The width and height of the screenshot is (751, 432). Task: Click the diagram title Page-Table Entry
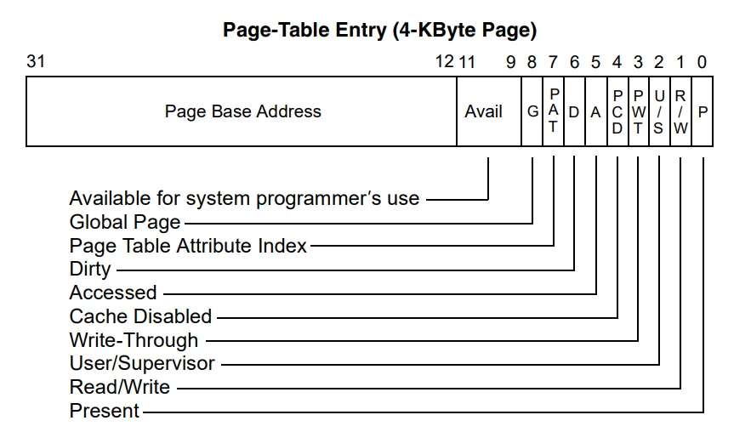coord(379,30)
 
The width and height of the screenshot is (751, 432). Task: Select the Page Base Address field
coord(242,111)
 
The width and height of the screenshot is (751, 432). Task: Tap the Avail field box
coord(489,111)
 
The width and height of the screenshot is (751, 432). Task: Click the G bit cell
coord(532,111)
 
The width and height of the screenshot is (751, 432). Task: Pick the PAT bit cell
coord(554,111)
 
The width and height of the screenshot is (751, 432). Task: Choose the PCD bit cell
coord(617,111)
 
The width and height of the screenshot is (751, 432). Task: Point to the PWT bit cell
coord(639,111)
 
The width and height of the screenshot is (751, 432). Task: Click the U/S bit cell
coord(659,111)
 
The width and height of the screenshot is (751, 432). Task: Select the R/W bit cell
coord(680,111)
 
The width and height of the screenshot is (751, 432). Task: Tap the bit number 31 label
coord(36,61)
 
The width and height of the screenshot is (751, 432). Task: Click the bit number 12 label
coord(445,61)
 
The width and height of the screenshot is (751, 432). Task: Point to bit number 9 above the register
coord(511,62)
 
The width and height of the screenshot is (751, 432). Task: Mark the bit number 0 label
coord(703,62)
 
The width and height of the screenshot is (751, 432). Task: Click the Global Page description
coord(125,222)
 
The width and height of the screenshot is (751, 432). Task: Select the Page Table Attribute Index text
coord(188,246)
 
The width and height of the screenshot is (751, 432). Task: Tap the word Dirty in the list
coord(90,270)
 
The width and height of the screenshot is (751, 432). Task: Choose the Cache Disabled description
coord(141,316)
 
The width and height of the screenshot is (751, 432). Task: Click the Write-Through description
coord(134,340)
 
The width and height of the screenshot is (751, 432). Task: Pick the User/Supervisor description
coord(142,363)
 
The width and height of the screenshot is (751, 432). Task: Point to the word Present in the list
coord(105,411)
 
